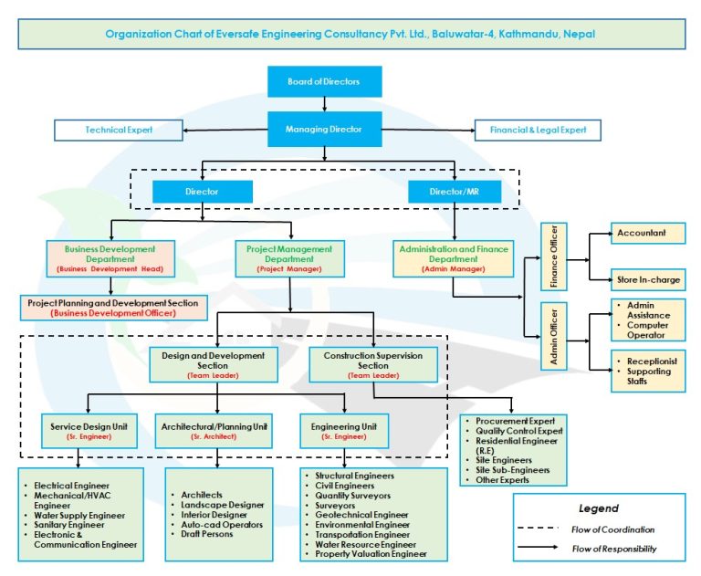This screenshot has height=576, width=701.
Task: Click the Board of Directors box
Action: (x=323, y=81)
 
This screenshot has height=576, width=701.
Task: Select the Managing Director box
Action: (x=323, y=129)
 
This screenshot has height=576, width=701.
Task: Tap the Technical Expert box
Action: (x=119, y=131)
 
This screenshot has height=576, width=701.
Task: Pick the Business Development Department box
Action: (x=110, y=258)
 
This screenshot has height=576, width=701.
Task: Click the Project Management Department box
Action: (x=290, y=258)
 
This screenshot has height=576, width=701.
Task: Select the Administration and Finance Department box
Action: (x=453, y=258)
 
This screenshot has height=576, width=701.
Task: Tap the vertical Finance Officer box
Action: (x=554, y=256)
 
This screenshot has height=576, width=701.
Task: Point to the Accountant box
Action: (x=647, y=234)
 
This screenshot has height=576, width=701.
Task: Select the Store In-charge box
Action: (x=647, y=278)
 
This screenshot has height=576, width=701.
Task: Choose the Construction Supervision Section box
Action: (x=373, y=364)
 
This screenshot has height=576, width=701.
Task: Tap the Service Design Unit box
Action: (x=89, y=431)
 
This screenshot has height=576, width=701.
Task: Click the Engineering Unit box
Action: (x=342, y=431)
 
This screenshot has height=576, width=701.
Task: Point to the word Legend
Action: (x=598, y=508)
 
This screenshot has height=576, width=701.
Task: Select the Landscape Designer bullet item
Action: (x=223, y=505)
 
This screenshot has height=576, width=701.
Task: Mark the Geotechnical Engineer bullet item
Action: (x=363, y=515)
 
